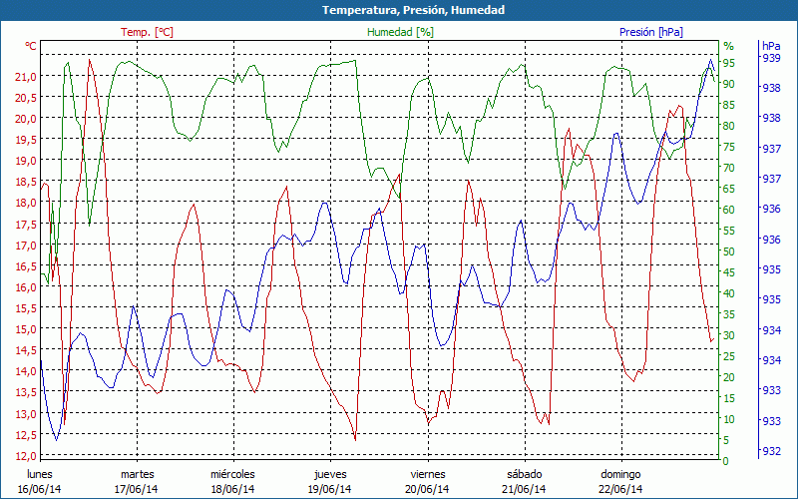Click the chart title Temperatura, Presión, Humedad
(399, 10)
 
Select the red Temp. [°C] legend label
(148, 32)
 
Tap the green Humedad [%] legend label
(401, 32)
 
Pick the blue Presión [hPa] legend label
(651, 32)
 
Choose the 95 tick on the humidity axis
(729, 62)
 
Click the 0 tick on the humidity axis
(726, 460)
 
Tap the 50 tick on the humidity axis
(729, 250)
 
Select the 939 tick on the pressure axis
(771, 58)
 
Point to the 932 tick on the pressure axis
(771, 451)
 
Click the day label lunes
(40, 474)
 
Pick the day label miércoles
(232, 474)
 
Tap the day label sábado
(525, 474)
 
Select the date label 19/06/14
(330, 489)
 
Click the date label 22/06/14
(620, 489)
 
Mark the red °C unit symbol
(31, 46)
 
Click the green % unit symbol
(728, 46)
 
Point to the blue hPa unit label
(771, 46)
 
